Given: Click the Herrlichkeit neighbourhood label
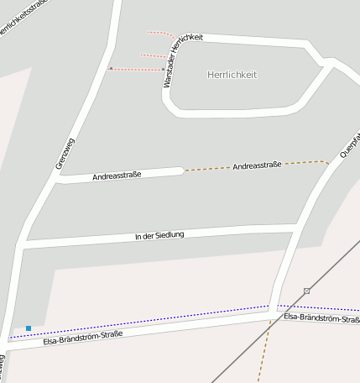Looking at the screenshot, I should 232,75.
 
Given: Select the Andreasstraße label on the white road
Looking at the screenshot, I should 117,176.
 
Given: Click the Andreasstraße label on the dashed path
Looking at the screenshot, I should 258,166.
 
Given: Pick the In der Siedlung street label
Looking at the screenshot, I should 159,236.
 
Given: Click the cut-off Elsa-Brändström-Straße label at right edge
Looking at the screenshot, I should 322,317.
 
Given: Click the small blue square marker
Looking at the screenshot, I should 29,328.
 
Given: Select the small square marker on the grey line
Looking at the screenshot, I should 307,291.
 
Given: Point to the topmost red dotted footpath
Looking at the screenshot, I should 159,34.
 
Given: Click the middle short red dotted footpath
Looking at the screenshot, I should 152,55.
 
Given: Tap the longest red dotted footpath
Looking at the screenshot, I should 136,69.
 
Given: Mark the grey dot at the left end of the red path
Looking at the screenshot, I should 110,68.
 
